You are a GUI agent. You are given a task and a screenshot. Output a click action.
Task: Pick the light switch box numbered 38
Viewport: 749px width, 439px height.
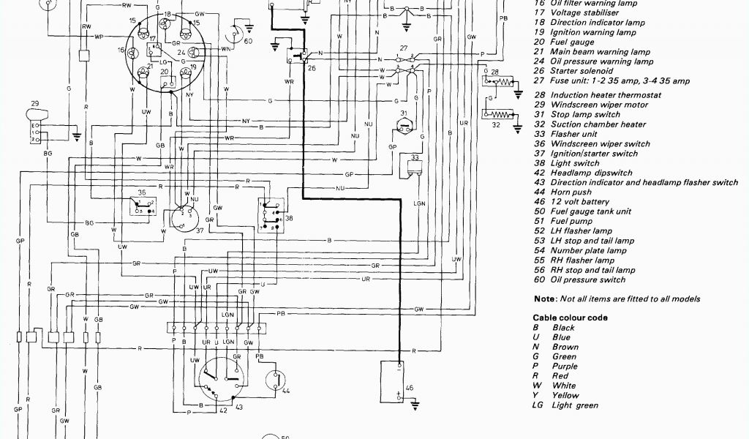pos(268,211)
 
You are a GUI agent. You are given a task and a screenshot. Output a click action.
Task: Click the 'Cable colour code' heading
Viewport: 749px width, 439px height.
pos(570,318)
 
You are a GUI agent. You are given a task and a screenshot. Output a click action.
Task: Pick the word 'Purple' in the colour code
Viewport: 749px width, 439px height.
pos(565,367)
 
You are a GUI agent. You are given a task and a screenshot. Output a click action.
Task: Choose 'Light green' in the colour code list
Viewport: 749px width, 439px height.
pos(575,405)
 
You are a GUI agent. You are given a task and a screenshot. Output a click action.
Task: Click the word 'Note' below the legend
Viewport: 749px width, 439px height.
pos(544,299)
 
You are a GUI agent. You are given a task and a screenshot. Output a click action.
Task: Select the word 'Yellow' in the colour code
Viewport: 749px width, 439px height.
pos(565,396)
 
